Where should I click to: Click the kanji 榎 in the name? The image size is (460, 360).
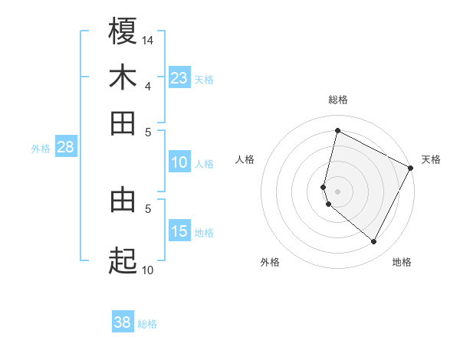(x=123, y=31)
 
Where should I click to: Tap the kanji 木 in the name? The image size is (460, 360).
(x=123, y=77)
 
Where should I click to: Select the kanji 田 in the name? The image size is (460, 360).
(x=123, y=123)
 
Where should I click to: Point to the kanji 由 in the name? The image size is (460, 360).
(x=123, y=200)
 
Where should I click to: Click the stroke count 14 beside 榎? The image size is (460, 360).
(x=148, y=40)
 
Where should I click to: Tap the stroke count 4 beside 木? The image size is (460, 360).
(x=148, y=86)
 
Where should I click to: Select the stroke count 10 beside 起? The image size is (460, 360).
(x=148, y=270)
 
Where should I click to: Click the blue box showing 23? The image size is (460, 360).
(x=179, y=77)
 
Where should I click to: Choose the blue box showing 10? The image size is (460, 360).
(x=179, y=162)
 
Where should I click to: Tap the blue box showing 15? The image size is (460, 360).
(x=179, y=231)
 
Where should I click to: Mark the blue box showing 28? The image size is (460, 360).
(x=65, y=148)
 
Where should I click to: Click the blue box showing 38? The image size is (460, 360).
(x=123, y=322)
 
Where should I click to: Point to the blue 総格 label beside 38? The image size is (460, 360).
(x=147, y=324)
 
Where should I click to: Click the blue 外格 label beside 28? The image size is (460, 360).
(x=40, y=149)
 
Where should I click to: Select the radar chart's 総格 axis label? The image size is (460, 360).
(x=337, y=100)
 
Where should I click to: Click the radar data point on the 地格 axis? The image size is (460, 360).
(x=374, y=242)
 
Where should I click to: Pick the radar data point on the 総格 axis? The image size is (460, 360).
(x=337, y=130)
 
